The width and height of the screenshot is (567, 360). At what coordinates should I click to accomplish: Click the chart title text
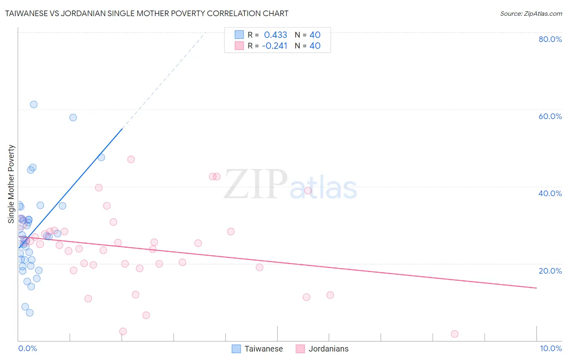pyautogui.click(x=147, y=13)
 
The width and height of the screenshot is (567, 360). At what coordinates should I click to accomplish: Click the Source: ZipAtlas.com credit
pyautogui.click(x=531, y=13)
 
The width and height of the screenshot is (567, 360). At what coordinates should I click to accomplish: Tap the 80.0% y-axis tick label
pyautogui.click(x=550, y=39)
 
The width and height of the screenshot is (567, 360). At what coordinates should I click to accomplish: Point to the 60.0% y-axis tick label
pyautogui.click(x=550, y=116)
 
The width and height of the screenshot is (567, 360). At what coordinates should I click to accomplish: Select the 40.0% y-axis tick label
pyautogui.click(x=550, y=193)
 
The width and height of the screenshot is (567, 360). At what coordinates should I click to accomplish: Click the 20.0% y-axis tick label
pyautogui.click(x=550, y=270)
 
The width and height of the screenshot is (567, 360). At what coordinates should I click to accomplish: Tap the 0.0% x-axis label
pyautogui.click(x=27, y=348)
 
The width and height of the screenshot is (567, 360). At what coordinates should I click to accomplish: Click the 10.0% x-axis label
pyautogui.click(x=550, y=348)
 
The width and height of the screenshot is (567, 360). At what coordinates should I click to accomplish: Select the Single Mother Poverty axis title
pyautogui.click(x=11, y=184)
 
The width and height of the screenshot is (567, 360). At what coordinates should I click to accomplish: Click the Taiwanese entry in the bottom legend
pyautogui.click(x=263, y=349)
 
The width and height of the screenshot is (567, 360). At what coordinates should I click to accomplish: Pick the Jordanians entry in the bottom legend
pyautogui.click(x=328, y=349)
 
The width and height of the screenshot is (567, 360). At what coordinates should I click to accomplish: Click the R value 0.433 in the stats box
pyautogui.click(x=275, y=35)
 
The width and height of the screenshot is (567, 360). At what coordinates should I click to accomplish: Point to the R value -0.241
pyautogui.click(x=275, y=46)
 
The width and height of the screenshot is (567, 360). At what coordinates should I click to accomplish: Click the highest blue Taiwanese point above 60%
pyautogui.click(x=34, y=105)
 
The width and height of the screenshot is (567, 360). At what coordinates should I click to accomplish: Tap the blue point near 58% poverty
pyautogui.click(x=73, y=117)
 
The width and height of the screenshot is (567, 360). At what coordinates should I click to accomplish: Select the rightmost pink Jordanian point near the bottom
pyautogui.click(x=454, y=334)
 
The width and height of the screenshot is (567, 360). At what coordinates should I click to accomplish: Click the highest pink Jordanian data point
pyautogui.click(x=131, y=159)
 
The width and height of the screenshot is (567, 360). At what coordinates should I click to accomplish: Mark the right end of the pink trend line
pyautogui.click(x=536, y=288)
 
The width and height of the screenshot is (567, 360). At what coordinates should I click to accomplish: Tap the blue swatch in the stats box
pyautogui.click(x=239, y=35)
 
